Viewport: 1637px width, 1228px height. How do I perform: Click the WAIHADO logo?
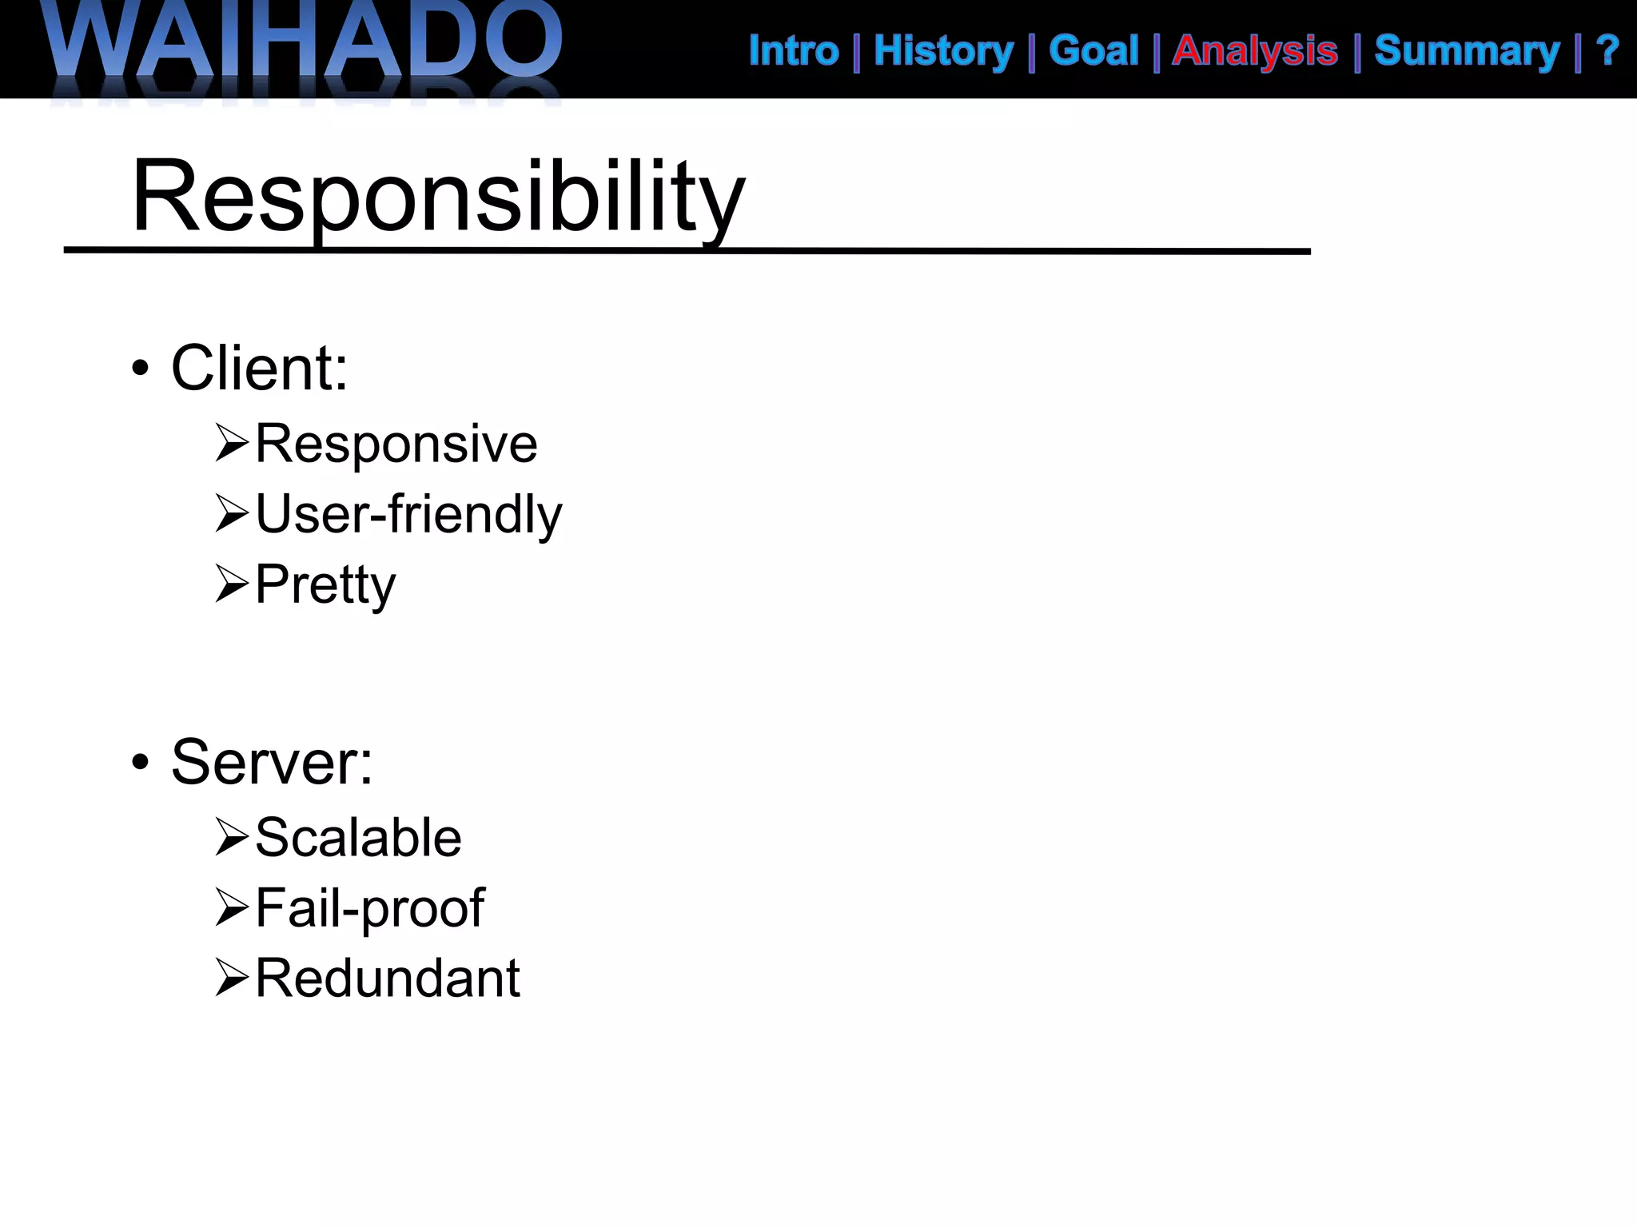(304, 44)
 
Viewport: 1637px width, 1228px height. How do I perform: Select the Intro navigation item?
(794, 51)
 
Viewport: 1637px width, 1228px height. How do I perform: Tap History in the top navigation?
(943, 51)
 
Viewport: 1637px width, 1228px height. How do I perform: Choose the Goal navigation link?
(1093, 51)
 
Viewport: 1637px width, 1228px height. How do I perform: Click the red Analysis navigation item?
(1255, 51)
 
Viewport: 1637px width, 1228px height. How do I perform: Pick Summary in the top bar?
(1467, 51)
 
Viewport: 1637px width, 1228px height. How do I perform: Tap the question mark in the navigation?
(1607, 51)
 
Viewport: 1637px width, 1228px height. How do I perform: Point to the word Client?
(260, 369)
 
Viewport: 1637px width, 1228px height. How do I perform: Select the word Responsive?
(396, 444)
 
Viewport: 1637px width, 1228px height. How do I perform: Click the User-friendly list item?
(408, 514)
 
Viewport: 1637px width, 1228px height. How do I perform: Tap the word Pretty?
(325, 584)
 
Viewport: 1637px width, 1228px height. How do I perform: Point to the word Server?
(272, 763)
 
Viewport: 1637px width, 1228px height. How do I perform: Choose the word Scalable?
(358, 838)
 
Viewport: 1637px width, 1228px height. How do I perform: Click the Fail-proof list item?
(369, 908)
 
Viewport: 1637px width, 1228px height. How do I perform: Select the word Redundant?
(388, 978)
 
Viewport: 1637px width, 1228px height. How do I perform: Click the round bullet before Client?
(141, 369)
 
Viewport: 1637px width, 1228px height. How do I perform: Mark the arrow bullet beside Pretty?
(232, 584)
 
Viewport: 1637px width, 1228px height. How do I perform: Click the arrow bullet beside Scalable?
(232, 837)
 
